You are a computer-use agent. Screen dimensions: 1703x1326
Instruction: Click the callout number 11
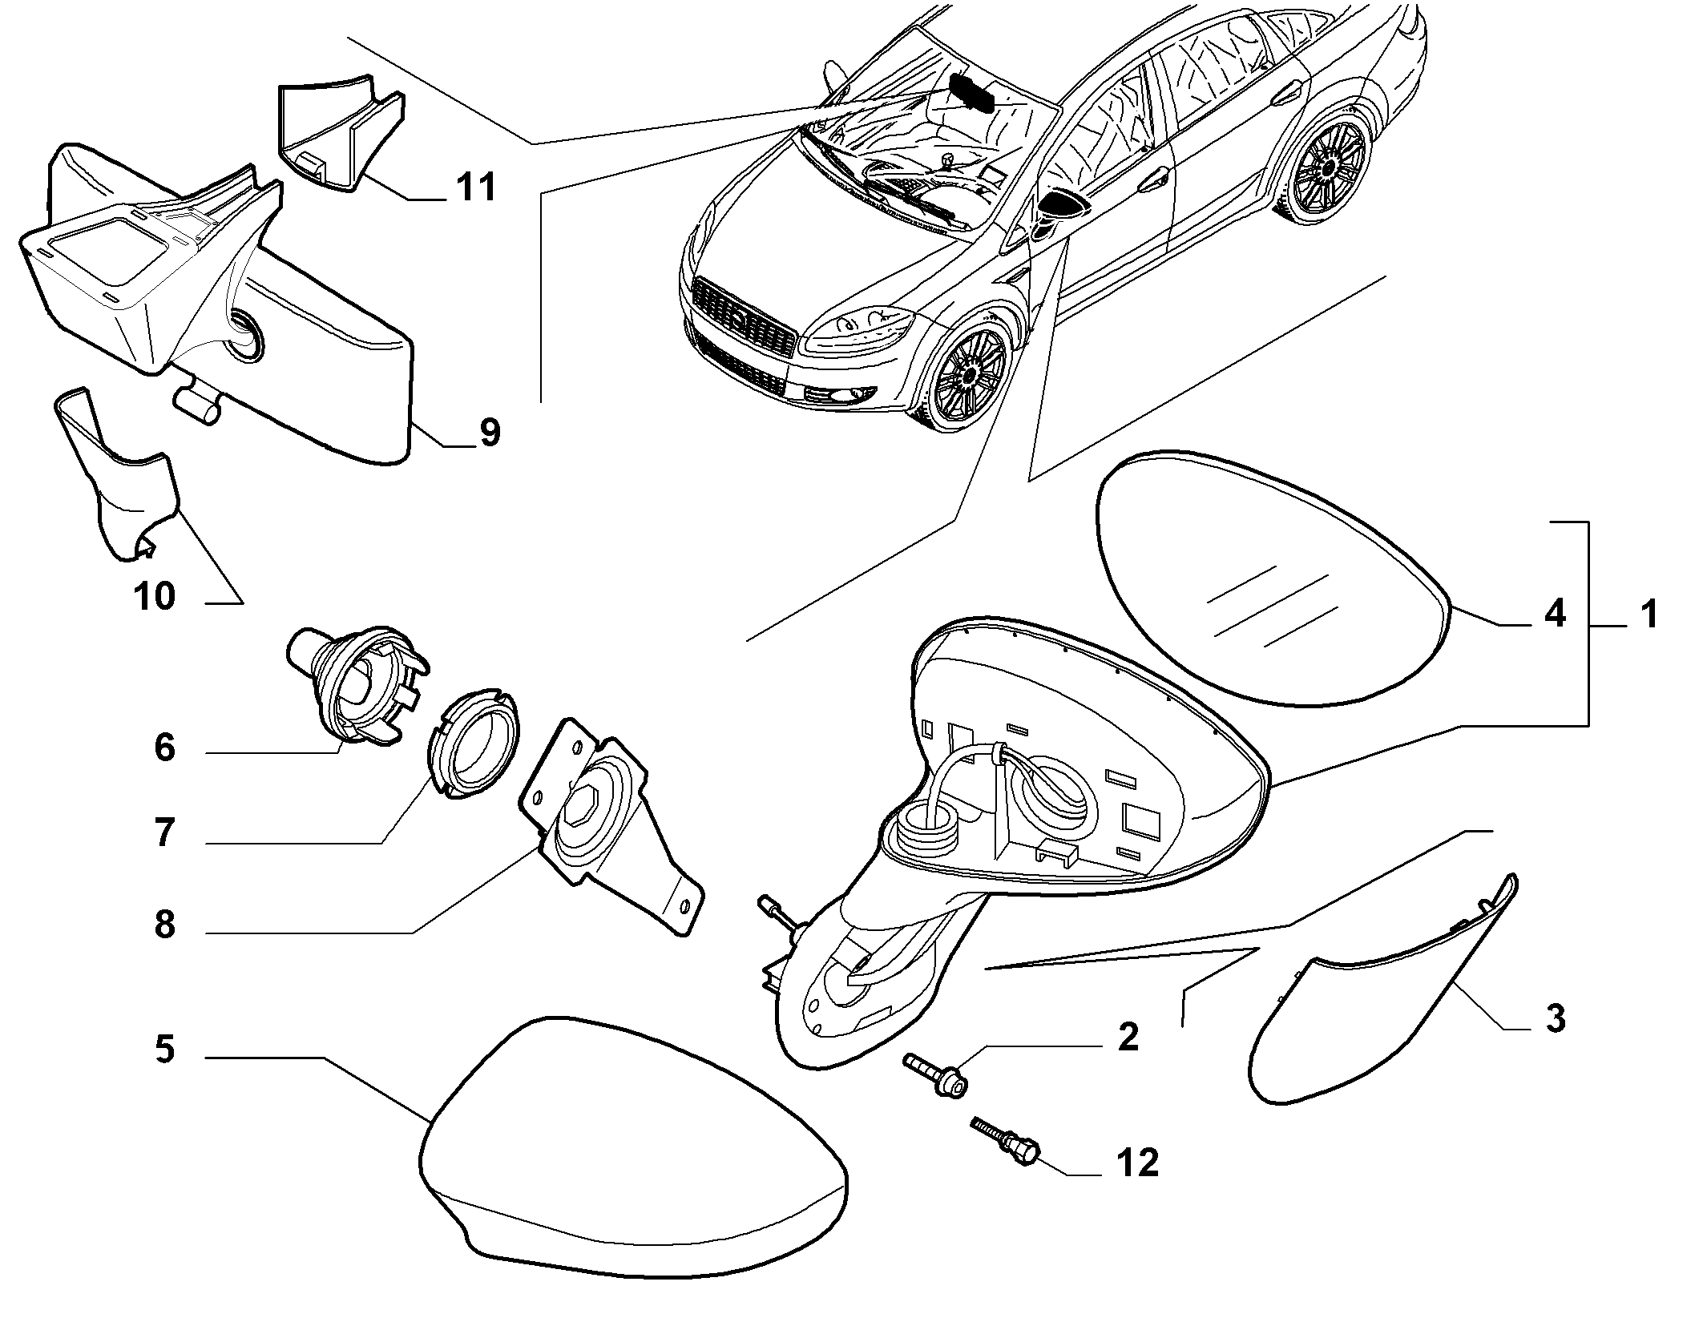475,187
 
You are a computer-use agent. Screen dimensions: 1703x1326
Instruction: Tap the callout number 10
155,596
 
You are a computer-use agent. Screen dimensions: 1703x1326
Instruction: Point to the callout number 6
164,748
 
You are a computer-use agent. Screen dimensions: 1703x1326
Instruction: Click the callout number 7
164,834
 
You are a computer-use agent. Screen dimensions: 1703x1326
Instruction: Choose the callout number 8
164,925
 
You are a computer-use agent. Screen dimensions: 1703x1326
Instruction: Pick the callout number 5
164,1050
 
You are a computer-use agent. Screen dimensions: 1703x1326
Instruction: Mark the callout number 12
1137,1163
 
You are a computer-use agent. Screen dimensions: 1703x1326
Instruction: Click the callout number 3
1555,1019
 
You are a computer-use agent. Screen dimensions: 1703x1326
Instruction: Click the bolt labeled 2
937,1073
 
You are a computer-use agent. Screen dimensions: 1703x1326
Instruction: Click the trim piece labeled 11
341,132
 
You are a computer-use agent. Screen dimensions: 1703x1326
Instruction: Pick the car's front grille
745,316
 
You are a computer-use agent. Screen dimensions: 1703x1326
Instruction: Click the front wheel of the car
973,371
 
